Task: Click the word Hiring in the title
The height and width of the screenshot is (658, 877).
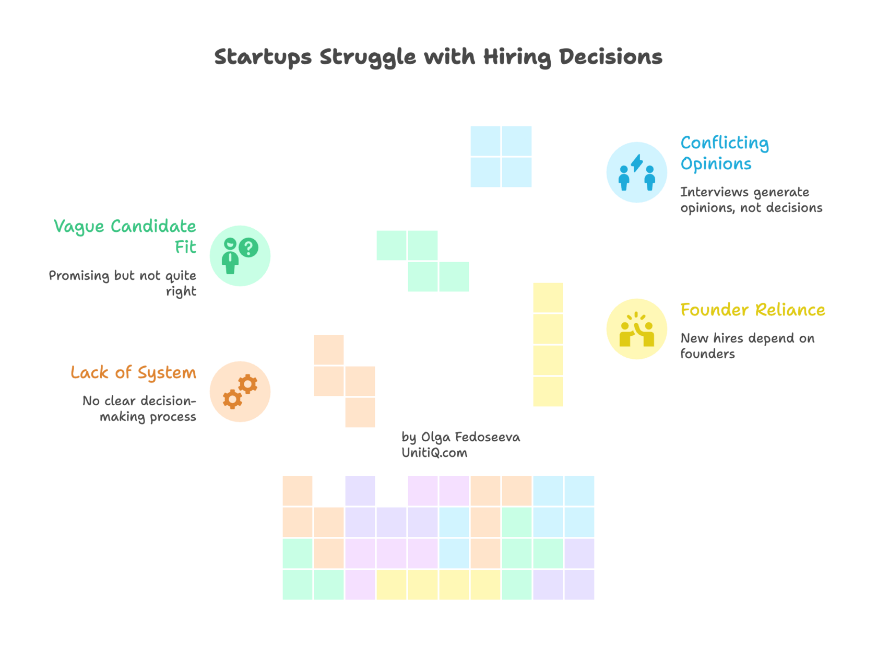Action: pyautogui.click(x=516, y=57)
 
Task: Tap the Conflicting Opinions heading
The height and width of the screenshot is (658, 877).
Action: pyautogui.click(x=724, y=152)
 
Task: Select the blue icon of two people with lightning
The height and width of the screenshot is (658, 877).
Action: pyautogui.click(x=636, y=172)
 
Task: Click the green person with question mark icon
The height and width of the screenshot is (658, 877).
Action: pyautogui.click(x=240, y=255)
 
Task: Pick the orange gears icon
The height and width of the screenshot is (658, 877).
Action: pyautogui.click(x=240, y=391)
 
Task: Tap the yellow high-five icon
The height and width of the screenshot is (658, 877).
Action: pyautogui.click(x=636, y=329)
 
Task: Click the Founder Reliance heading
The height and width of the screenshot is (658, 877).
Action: pyautogui.click(x=752, y=310)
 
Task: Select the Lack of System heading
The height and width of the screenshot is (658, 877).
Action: pyautogui.click(x=134, y=372)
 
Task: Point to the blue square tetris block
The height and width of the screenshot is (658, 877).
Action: pyautogui.click(x=501, y=156)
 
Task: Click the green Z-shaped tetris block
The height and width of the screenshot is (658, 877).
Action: pyautogui.click(x=423, y=261)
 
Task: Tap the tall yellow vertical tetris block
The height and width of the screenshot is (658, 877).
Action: pyautogui.click(x=548, y=345)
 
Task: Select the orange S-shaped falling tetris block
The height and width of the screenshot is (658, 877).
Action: pyautogui.click(x=345, y=381)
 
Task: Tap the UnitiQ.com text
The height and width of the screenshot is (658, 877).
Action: pyautogui.click(x=434, y=453)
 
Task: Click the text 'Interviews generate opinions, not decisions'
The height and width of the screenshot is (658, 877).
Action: pyautogui.click(x=751, y=200)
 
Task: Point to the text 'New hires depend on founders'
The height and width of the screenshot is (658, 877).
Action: pyautogui.click(x=746, y=346)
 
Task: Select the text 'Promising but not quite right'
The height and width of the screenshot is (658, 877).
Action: pyautogui.click(x=123, y=283)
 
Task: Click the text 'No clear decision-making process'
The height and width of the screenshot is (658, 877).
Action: pyautogui.click(x=140, y=409)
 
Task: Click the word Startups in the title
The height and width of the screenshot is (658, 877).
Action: pyautogui.click(x=263, y=57)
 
